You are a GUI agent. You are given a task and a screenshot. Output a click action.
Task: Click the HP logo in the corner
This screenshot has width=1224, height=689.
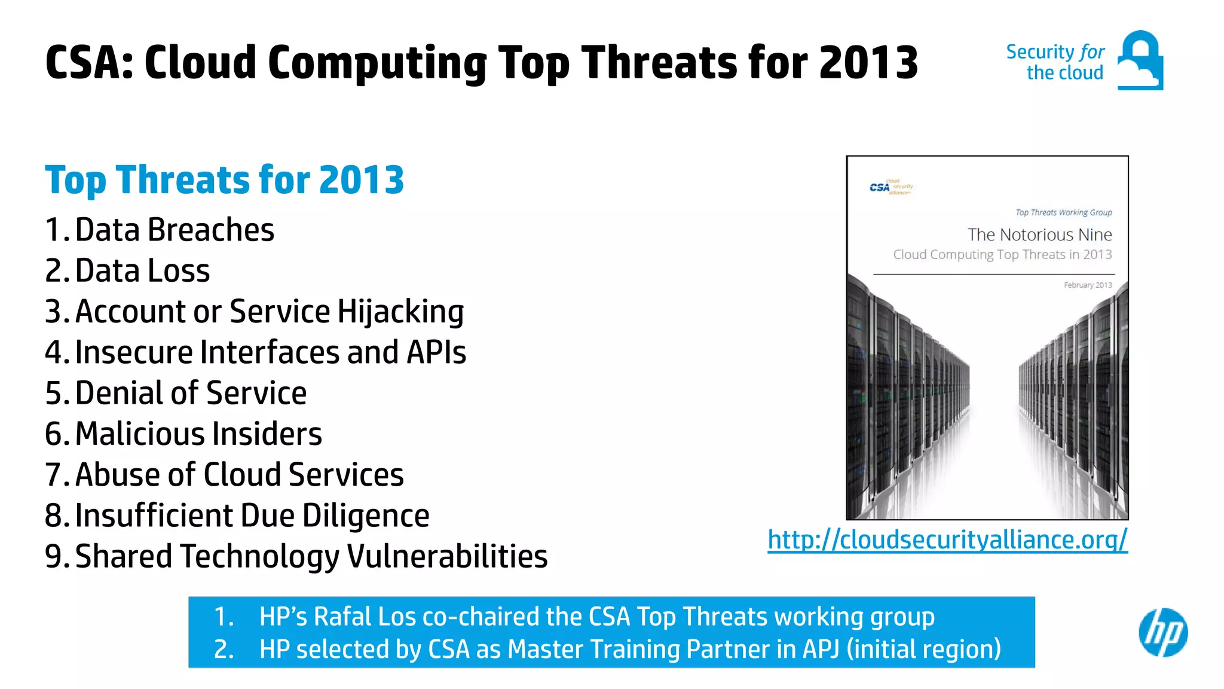pos(1163,633)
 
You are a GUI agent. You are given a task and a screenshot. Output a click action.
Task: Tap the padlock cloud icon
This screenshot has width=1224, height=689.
pos(1140,60)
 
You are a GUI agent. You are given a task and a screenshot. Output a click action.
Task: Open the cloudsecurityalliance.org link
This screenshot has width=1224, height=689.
pos(947,539)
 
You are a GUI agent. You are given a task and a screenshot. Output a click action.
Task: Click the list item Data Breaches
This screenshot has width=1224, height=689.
pos(174,230)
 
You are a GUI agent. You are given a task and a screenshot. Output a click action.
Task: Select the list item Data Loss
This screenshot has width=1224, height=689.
pos(142,271)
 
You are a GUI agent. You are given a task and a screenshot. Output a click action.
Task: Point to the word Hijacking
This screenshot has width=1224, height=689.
pos(400,312)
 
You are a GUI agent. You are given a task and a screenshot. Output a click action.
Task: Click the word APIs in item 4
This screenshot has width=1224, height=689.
pos(436,352)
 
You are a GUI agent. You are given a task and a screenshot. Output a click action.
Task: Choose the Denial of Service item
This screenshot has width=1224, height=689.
pos(190,393)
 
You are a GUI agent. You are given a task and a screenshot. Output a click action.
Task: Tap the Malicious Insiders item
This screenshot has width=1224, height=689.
pos(198,434)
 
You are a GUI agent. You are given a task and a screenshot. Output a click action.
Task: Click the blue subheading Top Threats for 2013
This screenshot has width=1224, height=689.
pos(224,179)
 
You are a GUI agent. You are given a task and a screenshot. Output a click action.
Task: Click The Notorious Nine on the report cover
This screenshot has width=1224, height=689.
pos(1039,234)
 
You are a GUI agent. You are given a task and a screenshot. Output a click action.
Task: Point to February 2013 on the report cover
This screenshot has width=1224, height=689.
pos(1088,285)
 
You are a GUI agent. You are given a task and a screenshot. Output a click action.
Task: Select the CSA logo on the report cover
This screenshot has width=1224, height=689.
pos(891,187)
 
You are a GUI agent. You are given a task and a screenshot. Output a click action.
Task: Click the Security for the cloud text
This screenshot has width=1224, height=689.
pos(1055,62)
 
